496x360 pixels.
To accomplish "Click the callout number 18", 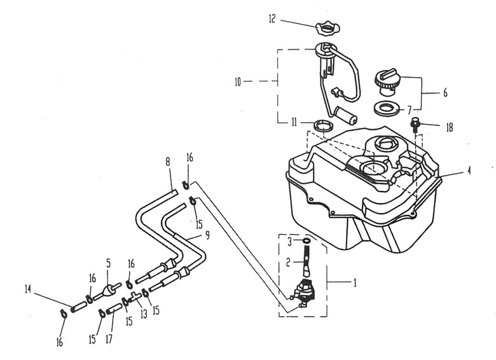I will pos(449,127).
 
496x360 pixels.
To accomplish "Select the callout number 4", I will pos(469,170).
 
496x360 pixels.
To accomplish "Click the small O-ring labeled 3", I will pos(307,241).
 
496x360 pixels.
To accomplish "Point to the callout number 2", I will pos(288,261).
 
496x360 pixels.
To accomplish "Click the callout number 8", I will pos(168,163).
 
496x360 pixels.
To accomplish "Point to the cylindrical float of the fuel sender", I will pos(347,116).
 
